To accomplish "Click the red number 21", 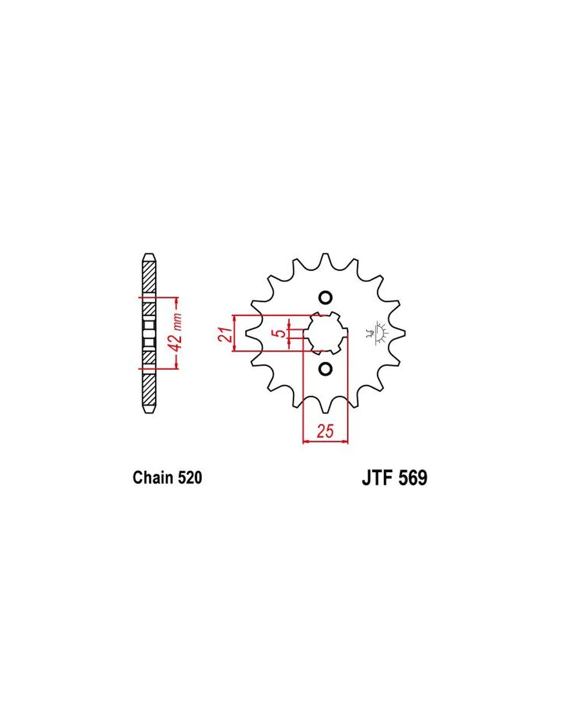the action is [225, 334].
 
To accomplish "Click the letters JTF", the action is [377, 478].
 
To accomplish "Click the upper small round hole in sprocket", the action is [325, 297].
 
